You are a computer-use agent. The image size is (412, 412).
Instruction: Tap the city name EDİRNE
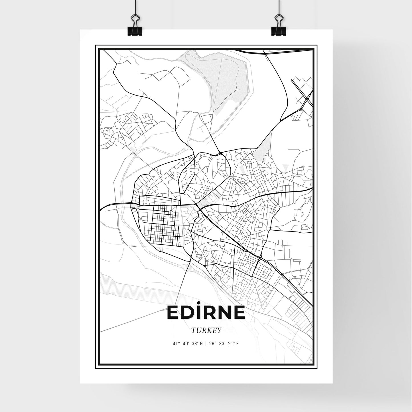point(206,313)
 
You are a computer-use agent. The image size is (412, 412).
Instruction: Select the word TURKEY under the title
point(206,330)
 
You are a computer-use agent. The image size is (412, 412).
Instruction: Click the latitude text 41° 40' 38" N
point(188,344)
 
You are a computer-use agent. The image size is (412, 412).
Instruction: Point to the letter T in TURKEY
point(193,330)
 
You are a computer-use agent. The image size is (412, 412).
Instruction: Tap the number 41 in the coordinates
point(174,344)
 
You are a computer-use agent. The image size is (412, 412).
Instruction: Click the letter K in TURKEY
point(209,330)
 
